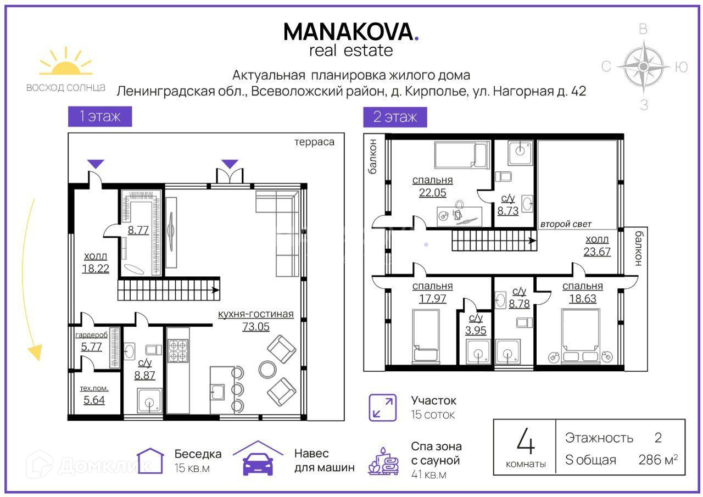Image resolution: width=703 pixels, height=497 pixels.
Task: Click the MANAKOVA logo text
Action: pyautogui.click(x=351, y=32)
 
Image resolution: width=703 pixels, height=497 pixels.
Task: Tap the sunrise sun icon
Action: pyautogui.click(x=65, y=63)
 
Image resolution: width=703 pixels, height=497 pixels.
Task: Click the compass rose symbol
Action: pyautogui.click(x=644, y=66)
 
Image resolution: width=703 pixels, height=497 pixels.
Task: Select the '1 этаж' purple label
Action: pyautogui.click(x=100, y=116)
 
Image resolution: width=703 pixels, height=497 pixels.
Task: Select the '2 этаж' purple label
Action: pyautogui.click(x=395, y=117)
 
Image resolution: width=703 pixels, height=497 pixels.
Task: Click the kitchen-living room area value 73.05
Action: pyautogui.click(x=256, y=327)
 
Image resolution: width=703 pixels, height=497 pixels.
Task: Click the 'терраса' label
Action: pyautogui.click(x=314, y=142)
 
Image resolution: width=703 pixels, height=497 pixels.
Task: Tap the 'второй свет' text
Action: pyautogui.click(x=566, y=224)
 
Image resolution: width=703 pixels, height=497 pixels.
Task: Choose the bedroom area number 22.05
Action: pyautogui.click(x=432, y=192)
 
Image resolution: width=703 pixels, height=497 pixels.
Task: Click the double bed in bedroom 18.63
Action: pyautogui.click(x=581, y=336)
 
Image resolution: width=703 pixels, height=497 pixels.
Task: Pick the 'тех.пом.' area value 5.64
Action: pyautogui.click(x=94, y=400)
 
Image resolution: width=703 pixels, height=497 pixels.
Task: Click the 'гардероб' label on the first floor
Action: pyautogui.click(x=91, y=335)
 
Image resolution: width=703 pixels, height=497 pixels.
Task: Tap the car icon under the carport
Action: pyautogui.click(x=258, y=464)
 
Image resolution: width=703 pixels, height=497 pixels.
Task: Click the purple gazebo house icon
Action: pyautogui.click(x=150, y=460)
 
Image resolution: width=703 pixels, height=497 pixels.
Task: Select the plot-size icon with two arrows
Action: pyautogui.click(x=382, y=407)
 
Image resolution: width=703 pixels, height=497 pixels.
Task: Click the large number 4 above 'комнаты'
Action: pyautogui.click(x=526, y=441)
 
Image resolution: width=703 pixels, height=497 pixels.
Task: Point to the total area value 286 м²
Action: pyautogui.click(x=658, y=460)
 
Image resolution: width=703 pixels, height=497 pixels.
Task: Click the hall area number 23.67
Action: pyautogui.click(x=597, y=252)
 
